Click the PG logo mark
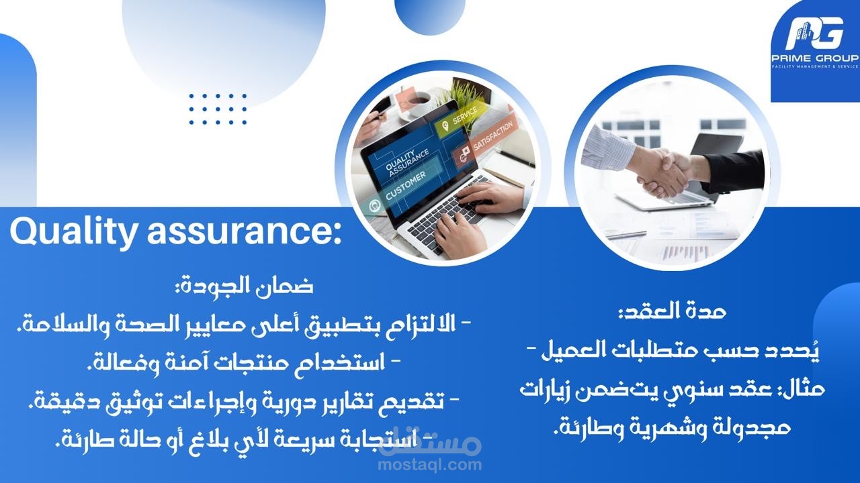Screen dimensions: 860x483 tap(815, 34)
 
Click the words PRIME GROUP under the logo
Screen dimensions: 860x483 tap(815, 58)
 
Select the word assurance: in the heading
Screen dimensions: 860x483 tap(244, 232)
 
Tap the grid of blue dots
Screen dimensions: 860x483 tap(218, 109)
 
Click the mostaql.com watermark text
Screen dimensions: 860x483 tap(430, 465)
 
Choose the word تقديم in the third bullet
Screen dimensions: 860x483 tap(413, 401)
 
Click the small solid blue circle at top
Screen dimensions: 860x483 tap(430, 14)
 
